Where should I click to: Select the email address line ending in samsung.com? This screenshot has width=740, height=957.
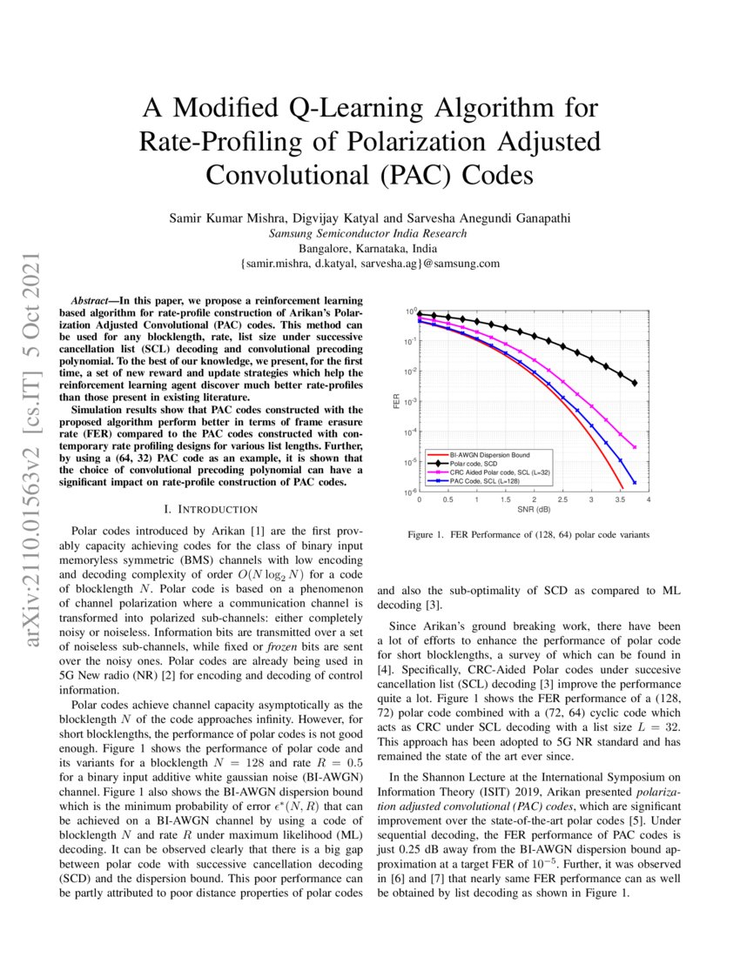click(369, 263)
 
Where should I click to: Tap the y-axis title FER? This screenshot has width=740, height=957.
click(396, 401)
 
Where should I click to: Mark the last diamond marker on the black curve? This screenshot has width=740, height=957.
click(634, 383)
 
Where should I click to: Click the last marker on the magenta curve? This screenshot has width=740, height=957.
click(634, 447)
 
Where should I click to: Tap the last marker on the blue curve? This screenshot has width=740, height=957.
click(634, 483)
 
